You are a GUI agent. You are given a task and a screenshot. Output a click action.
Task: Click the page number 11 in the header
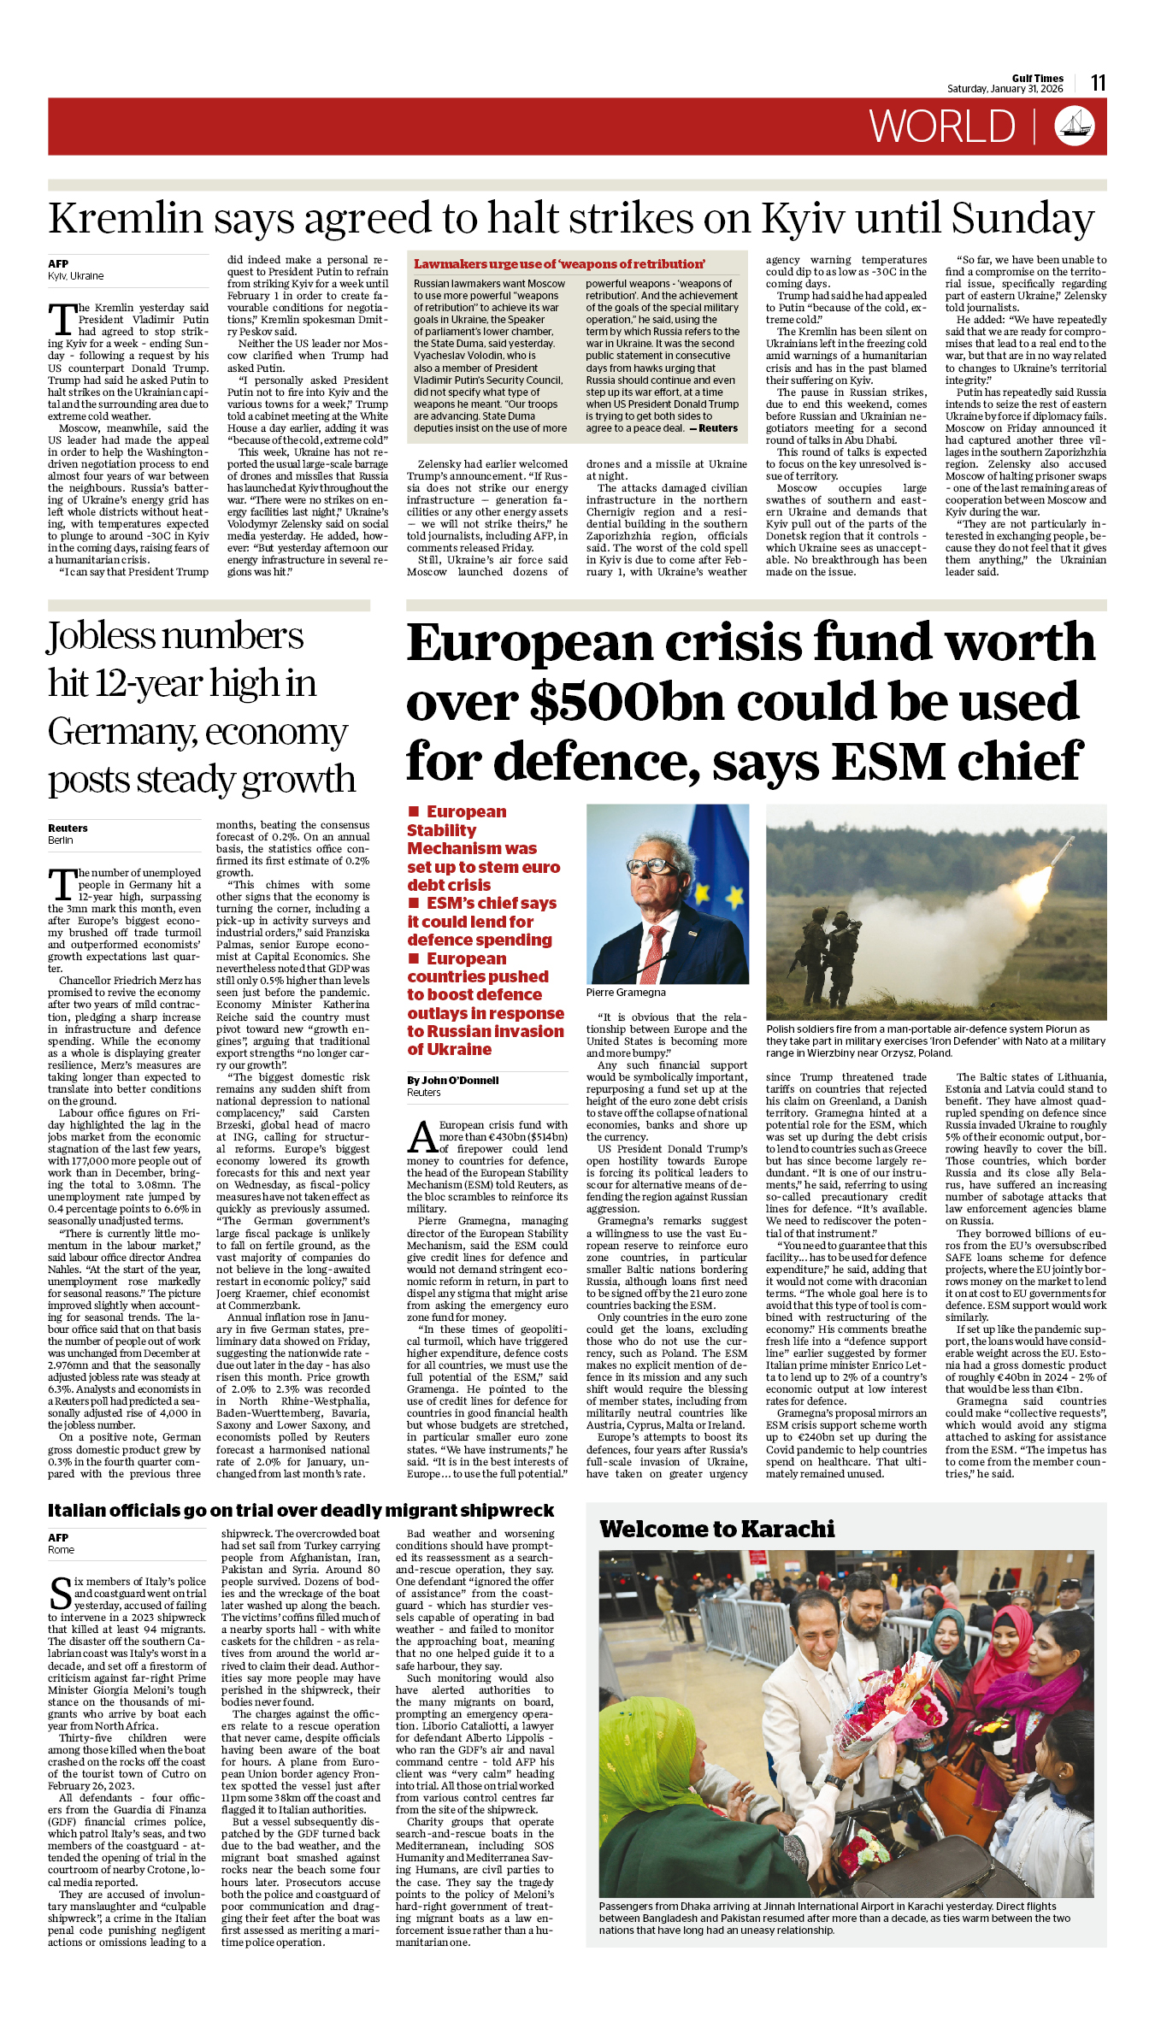1098,83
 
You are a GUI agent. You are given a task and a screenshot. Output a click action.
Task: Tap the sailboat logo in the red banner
1075,127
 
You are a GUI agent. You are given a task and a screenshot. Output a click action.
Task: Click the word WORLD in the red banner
942,127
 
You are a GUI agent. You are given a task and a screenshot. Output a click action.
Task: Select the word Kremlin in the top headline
125,218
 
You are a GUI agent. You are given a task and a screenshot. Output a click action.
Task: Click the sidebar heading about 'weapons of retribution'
559,264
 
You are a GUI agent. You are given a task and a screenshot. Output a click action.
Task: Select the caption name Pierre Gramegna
626,993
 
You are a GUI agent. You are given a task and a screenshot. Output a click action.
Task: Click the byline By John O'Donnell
452,1081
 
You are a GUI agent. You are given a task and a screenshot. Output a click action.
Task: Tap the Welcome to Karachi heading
716,1529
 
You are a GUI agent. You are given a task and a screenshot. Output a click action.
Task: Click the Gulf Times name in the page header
1037,78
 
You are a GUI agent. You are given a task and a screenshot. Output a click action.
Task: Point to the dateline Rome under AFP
61,1549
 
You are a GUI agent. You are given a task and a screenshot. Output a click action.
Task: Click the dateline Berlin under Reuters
61,840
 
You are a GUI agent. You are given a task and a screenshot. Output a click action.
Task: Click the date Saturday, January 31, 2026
1005,89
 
